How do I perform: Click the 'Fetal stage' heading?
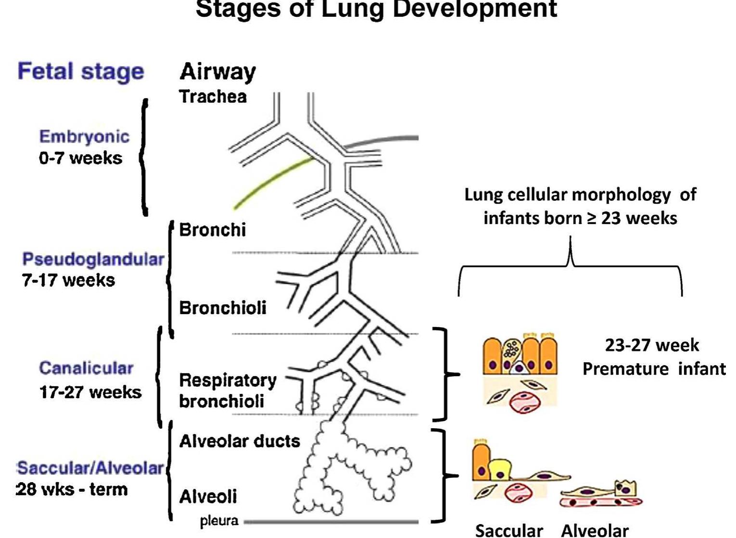pyautogui.click(x=81, y=72)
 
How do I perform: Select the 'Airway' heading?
pyautogui.click(x=217, y=72)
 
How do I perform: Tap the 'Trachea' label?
pyautogui.click(x=213, y=97)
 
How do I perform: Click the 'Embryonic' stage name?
pyautogui.click(x=84, y=137)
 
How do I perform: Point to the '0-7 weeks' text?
pyautogui.click(x=80, y=158)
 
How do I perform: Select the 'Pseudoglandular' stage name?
pyautogui.click(x=93, y=259)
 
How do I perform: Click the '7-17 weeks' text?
pyautogui.click(x=68, y=280)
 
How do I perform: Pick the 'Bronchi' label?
pyautogui.click(x=212, y=230)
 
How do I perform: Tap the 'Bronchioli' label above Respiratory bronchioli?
pyautogui.click(x=222, y=308)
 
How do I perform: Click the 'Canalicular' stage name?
pyautogui.click(x=86, y=368)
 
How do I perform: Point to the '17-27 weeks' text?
pyautogui.click(x=90, y=392)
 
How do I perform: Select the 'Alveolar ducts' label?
pyautogui.click(x=239, y=441)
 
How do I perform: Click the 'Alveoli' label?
pyautogui.click(x=208, y=497)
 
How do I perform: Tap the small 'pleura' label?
pyautogui.click(x=219, y=521)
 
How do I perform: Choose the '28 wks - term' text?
pyautogui.click(x=72, y=489)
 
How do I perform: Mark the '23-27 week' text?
pyautogui.click(x=651, y=345)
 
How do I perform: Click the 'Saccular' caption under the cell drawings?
pyautogui.click(x=508, y=530)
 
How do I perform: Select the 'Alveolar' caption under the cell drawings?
pyautogui.click(x=595, y=530)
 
